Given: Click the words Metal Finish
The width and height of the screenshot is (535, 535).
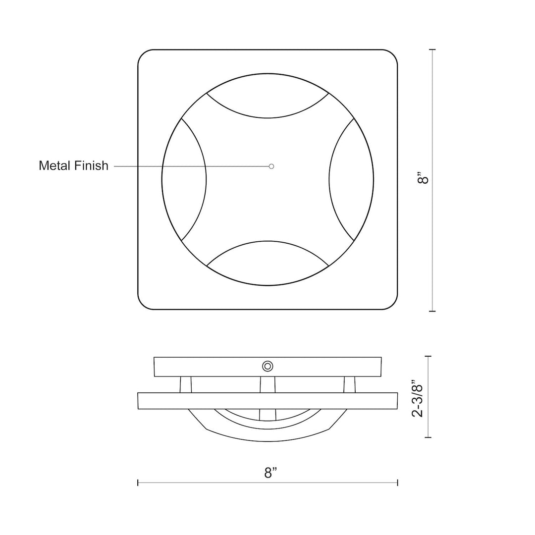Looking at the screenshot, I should tap(73, 165).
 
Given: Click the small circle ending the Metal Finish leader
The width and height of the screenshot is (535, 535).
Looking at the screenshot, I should tap(271, 166).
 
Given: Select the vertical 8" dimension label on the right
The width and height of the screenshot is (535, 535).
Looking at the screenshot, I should tap(422, 178).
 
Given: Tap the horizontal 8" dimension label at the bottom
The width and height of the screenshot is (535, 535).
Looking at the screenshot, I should tap(269, 473).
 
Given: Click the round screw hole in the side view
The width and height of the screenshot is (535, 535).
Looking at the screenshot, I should tap(267, 366).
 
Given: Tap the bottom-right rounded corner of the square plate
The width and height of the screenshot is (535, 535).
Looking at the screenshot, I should tap(392, 305).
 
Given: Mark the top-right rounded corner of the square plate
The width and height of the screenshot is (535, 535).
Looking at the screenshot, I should tap(392, 55).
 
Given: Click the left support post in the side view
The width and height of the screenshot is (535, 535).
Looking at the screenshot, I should tap(186, 384).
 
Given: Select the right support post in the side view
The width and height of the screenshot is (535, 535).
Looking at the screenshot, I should tap(349, 384).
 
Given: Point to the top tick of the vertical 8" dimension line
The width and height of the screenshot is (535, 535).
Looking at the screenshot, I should tap(432, 50).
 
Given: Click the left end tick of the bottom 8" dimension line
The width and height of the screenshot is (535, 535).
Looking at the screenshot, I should tap(138, 482).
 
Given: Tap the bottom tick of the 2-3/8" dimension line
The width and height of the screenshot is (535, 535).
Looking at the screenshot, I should tap(428, 437).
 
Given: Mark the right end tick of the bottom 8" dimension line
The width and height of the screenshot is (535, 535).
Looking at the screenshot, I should tap(397, 482).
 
